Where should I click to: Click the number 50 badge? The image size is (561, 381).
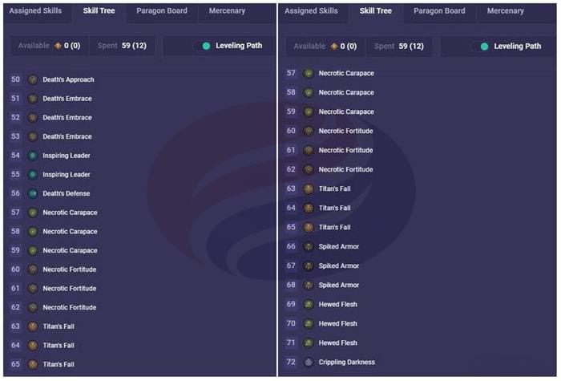(16, 79)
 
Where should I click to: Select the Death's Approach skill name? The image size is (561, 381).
(68, 79)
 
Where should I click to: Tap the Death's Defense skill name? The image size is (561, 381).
(66, 193)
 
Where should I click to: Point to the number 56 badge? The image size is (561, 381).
(16, 193)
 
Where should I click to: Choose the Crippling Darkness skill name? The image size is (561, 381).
(346, 362)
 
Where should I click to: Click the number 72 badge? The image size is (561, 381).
(291, 362)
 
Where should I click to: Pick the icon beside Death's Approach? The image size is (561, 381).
(33, 79)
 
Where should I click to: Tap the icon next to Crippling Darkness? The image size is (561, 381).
(309, 362)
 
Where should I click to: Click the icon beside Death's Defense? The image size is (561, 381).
(33, 193)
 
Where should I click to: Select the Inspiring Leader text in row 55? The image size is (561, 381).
(67, 174)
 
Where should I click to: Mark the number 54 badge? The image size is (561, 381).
(16, 156)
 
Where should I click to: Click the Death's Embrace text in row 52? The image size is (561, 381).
(67, 118)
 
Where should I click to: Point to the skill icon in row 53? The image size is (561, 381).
(33, 136)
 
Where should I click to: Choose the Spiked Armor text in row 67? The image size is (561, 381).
(338, 265)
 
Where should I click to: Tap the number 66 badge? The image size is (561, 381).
(291, 246)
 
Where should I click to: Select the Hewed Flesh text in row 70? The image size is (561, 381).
(337, 323)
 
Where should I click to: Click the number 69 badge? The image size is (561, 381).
(291, 304)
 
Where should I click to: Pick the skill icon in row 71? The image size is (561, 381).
(309, 342)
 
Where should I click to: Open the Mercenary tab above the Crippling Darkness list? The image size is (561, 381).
(505, 11)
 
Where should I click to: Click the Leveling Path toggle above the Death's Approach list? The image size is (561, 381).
(201, 46)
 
